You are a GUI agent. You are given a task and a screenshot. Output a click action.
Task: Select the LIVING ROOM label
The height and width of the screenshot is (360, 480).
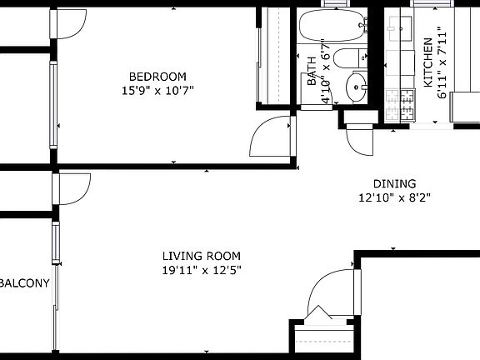click(x=201, y=256)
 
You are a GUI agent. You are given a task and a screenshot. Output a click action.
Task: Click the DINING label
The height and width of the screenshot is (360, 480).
click(x=394, y=184)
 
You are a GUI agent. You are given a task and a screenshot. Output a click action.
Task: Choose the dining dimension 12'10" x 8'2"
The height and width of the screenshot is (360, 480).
click(x=394, y=198)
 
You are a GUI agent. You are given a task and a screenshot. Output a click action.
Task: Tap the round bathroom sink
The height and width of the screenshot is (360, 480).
click(x=357, y=85)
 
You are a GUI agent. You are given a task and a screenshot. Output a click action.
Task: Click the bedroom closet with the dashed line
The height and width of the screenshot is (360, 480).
click(x=269, y=58)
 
